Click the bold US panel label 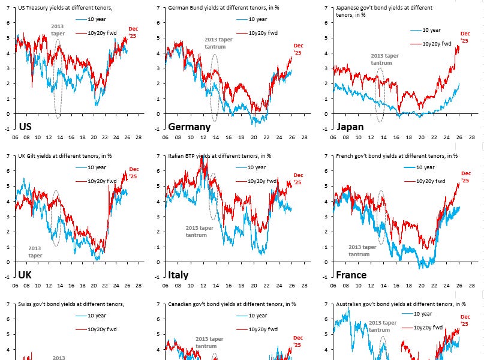25,127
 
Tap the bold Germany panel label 189,127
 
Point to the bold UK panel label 25,275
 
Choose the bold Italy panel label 178,275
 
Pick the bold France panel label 351,275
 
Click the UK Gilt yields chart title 65,155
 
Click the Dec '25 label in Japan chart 465,37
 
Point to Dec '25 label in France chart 466,178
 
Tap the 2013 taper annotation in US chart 58,30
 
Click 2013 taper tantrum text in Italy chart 200,232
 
